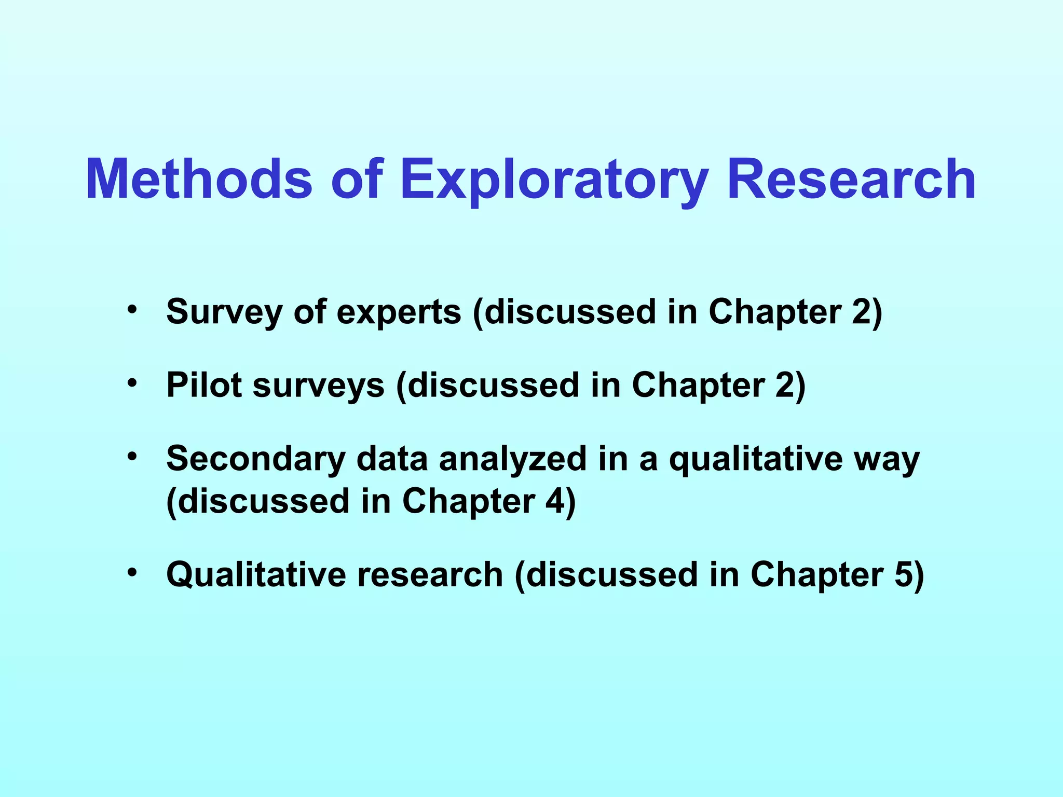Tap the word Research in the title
[851, 179]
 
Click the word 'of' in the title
[357, 179]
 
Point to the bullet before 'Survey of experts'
[132, 310]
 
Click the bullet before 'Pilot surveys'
[132, 383]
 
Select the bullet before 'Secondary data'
[132, 457]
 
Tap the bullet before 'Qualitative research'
[132, 572]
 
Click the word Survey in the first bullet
[224, 312]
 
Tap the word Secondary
[256, 460]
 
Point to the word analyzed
[513, 460]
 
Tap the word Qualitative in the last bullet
[256, 575]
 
